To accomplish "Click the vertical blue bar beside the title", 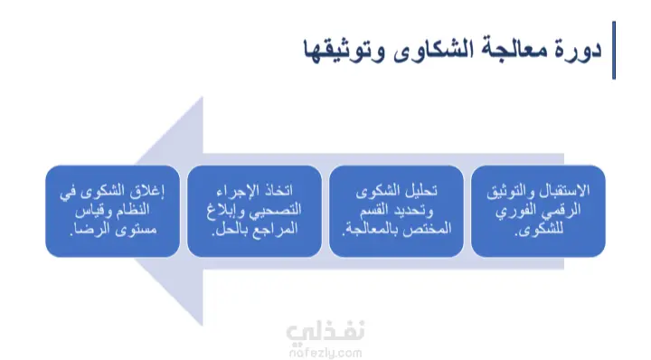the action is [614, 51].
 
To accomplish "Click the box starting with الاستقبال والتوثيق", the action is [538, 211].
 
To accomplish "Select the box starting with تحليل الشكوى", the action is [396, 211].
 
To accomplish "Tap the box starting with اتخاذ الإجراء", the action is [254, 211].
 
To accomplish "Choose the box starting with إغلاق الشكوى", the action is [112, 211].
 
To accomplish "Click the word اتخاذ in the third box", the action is [278, 191].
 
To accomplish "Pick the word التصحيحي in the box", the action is [275, 211].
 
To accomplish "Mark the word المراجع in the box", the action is [278, 229].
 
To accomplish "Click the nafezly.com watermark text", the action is [325, 354].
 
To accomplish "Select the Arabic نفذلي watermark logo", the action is [325, 332].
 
